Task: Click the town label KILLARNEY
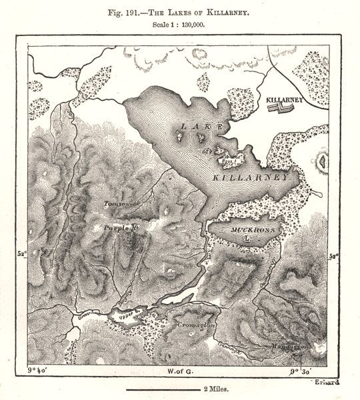(285, 100)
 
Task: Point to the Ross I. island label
(228, 160)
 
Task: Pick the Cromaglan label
(196, 324)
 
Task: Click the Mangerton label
(289, 347)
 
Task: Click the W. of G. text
(179, 370)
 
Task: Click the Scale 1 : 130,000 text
(178, 25)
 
